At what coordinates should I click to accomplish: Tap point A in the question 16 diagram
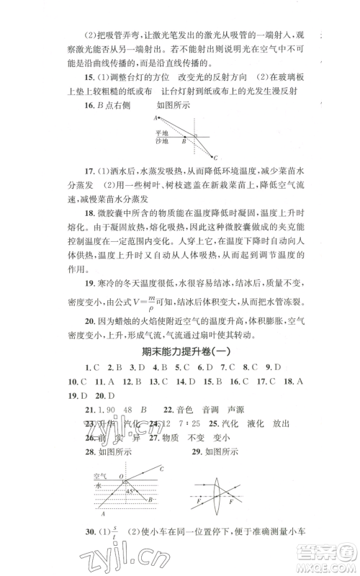click(x=155, y=118)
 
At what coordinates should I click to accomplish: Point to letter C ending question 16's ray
click(x=216, y=158)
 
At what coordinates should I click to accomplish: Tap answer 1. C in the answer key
click(x=91, y=369)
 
